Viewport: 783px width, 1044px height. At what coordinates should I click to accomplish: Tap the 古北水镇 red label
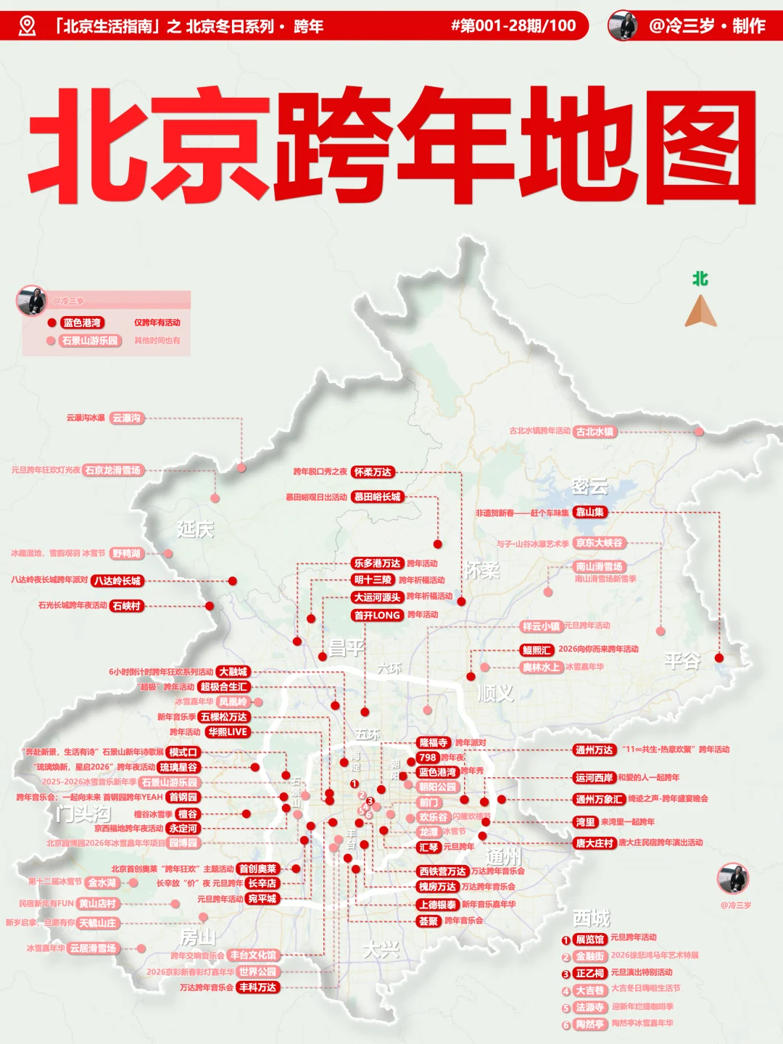tap(594, 431)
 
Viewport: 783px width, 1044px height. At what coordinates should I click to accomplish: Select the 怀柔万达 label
tap(373, 472)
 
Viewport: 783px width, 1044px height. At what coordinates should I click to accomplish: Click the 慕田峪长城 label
tap(377, 497)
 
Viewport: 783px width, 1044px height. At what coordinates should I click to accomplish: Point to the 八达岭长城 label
tap(117, 581)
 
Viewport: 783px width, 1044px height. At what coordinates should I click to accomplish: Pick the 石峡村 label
tap(127, 606)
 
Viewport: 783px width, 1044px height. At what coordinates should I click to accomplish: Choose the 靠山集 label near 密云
tap(589, 513)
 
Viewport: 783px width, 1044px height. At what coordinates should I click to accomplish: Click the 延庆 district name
tap(195, 529)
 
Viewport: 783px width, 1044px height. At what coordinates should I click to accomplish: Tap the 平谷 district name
tap(682, 660)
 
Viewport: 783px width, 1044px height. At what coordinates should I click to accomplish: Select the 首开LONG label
tap(377, 616)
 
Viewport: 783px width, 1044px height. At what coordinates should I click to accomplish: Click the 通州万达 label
tap(594, 750)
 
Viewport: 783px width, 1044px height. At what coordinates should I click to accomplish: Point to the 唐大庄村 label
tap(594, 843)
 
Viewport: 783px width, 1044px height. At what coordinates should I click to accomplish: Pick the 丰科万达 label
tap(258, 987)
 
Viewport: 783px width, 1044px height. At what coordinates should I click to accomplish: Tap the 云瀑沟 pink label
tap(127, 418)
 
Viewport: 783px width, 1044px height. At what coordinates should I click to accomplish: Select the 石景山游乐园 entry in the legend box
tap(89, 341)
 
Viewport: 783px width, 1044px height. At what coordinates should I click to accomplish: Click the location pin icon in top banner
tap(27, 26)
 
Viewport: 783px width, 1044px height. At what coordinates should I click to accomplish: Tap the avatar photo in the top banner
tap(623, 25)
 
